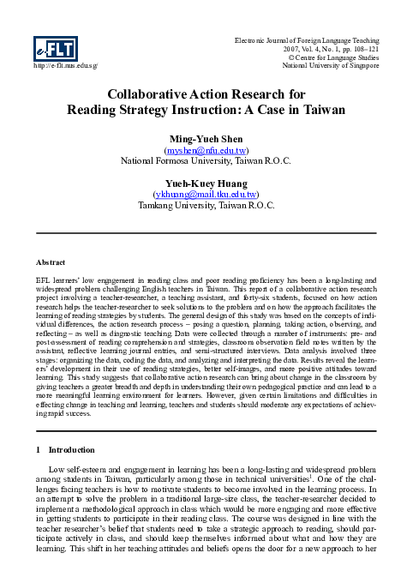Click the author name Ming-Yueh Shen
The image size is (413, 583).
[x=206, y=138]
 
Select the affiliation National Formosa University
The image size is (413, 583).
[x=176, y=160]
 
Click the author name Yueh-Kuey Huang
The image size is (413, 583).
[x=206, y=183]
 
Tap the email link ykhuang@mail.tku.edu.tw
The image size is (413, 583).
[x=206, y=194]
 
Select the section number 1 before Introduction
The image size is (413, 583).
[x=37, y=449]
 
